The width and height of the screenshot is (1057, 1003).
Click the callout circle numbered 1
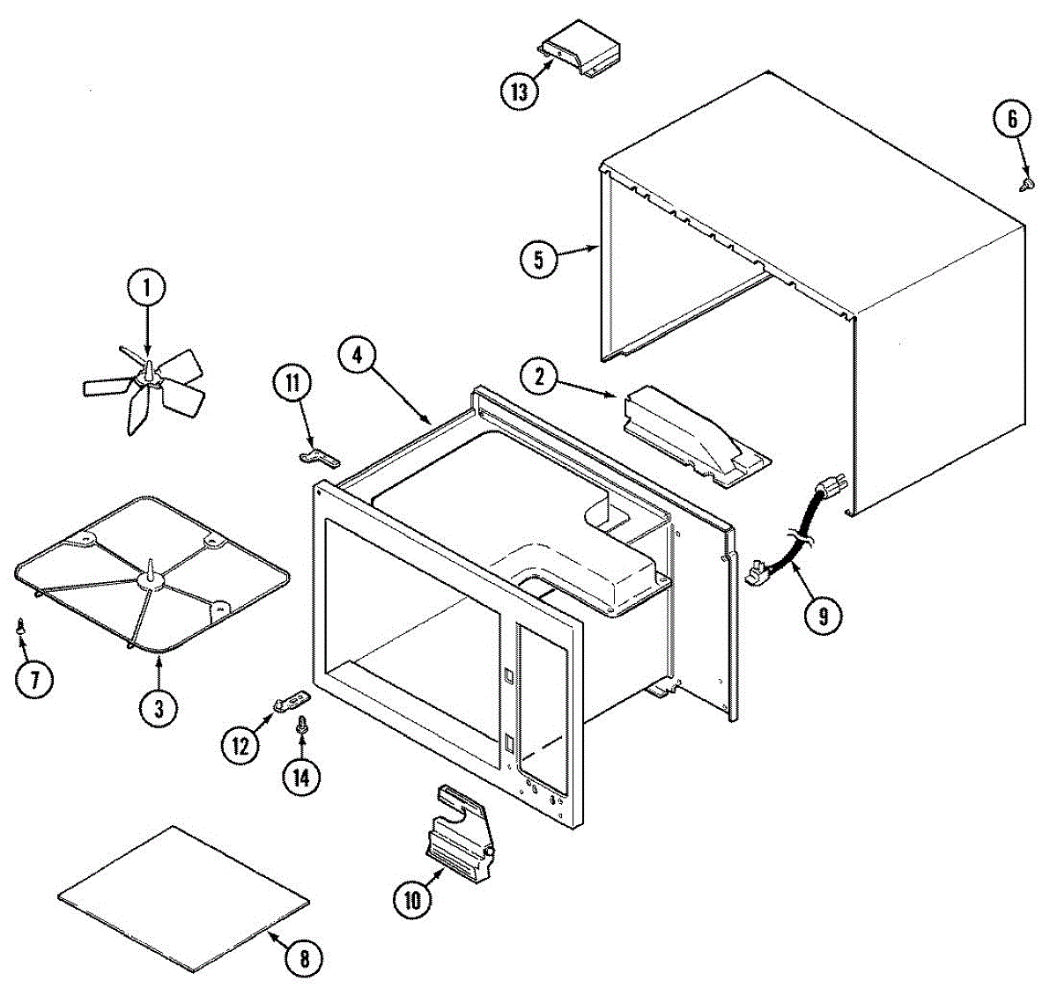146,287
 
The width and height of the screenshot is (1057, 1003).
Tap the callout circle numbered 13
520,91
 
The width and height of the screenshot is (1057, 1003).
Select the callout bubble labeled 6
1012,119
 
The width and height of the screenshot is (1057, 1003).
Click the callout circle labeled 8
304,959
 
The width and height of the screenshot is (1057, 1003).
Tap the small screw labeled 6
1026,183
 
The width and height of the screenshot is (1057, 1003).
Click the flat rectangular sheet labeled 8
183,899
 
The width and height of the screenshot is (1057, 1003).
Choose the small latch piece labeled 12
291,702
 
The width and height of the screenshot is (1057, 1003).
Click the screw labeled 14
302,726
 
